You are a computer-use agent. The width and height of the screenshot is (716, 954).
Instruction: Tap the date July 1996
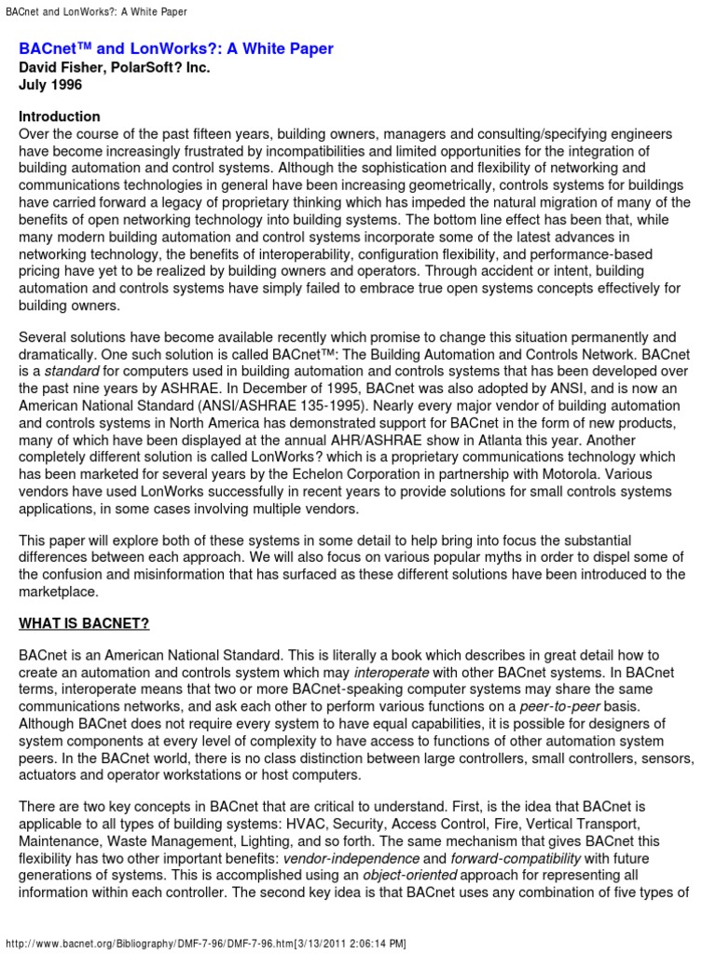tap(51, 85)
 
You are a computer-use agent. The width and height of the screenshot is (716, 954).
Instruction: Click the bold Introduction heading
tap(60, 117)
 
